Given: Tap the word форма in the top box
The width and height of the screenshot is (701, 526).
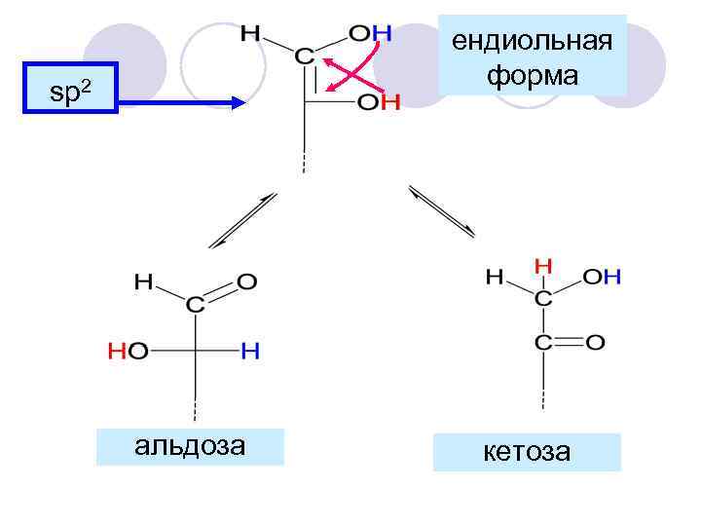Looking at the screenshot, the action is pos(532,74).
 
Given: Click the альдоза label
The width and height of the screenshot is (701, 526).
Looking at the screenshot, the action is pos(190,446).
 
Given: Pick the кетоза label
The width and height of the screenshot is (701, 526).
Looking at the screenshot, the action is pos(527,452).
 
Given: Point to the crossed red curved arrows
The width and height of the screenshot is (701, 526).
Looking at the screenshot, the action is pos(349,70).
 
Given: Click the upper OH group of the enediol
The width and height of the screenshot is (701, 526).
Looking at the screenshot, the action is pos(370,34).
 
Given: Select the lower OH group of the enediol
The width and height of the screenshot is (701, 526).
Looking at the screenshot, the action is pos(378,102).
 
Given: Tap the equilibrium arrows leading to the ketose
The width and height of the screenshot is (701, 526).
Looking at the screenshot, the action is pos(442,210).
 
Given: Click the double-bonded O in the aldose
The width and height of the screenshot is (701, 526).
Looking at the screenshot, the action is pos(247,282).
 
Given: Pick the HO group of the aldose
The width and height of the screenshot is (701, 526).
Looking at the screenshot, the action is pos(128,352).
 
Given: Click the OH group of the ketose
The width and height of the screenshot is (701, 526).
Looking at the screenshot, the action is pos(604,278).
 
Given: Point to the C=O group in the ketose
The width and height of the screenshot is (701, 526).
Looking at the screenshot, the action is pos(568,342).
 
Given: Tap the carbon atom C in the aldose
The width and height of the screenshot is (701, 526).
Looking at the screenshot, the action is pos(196,305).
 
